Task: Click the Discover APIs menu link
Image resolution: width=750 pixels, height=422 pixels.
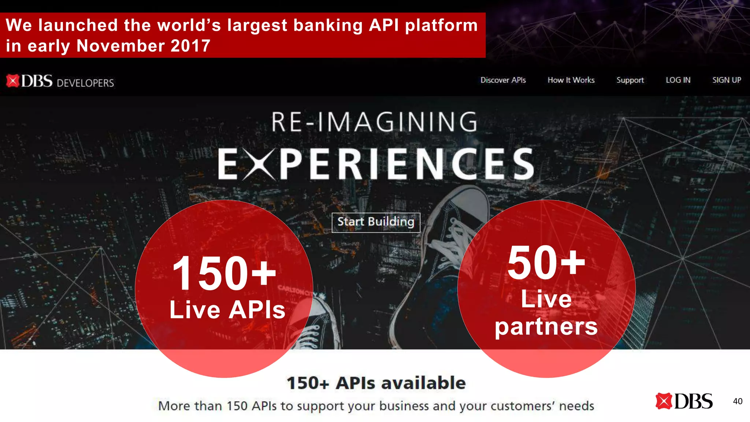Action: [503, 80]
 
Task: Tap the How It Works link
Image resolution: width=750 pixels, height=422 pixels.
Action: [571, 80]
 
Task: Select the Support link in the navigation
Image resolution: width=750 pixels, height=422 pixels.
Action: [630, 80]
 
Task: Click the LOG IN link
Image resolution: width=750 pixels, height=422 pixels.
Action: [678, 80]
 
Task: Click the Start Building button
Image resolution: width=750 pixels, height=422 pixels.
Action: [376, 222]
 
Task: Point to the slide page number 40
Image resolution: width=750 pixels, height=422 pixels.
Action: [738, 401]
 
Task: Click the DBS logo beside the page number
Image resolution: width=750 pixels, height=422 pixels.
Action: [684, 401]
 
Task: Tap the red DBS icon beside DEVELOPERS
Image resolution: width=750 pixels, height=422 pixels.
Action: [13, 81]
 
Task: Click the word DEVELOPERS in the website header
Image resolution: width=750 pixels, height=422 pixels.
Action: [85, 83]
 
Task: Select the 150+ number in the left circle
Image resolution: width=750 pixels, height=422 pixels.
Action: [224, 274]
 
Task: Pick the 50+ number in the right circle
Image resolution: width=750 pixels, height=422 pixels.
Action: [546, 263]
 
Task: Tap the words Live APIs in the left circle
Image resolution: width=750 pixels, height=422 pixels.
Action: [227, 310]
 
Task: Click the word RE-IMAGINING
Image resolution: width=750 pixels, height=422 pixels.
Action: [374, 122]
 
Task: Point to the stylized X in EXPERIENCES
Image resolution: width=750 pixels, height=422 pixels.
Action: [259, 164]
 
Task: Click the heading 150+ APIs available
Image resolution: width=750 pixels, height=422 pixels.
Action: [376, 383]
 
